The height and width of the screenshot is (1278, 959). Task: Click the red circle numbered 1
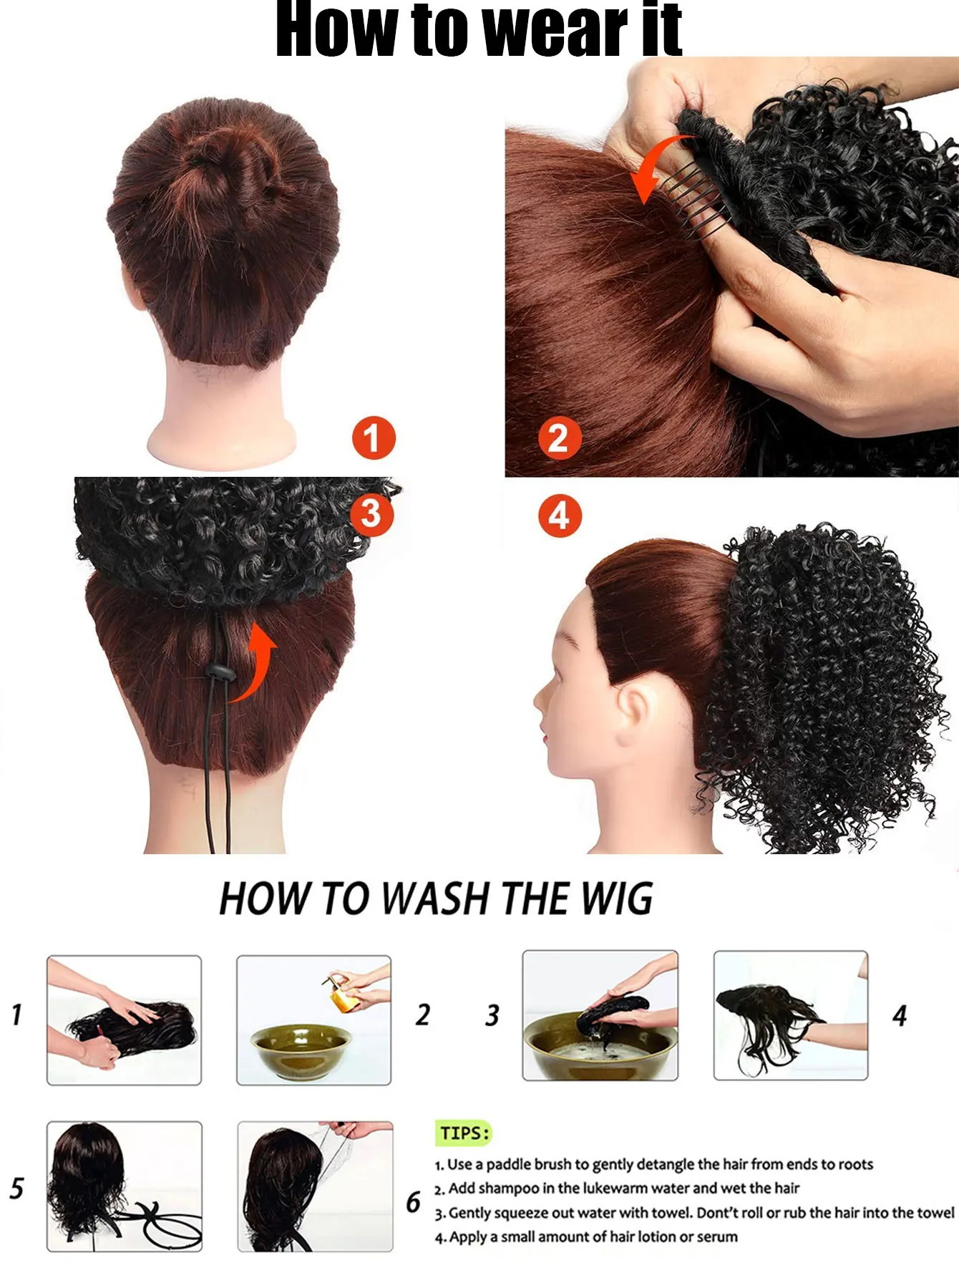coord(373,438)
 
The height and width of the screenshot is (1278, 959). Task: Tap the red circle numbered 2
coord(559,438)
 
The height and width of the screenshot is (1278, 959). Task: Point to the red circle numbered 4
coord(560,515)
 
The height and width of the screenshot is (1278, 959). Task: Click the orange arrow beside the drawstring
coord(254,662)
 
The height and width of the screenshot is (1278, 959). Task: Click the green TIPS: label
coord(464,1133)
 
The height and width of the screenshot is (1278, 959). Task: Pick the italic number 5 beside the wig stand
coord(16,1188)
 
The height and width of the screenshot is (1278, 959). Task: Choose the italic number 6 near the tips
coord(414,1201)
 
